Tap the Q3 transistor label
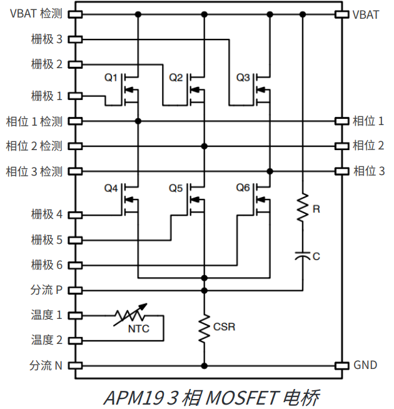point(243,78)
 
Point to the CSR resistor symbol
point(204,327)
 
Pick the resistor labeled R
point(303,208)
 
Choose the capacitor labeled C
point(303,255)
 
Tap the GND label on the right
point(365,365)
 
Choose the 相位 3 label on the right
point(368,171)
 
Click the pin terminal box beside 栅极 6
point(75,265)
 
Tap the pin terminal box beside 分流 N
point(75,365)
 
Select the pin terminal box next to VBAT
point(341,14)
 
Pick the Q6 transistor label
point(243,188)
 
